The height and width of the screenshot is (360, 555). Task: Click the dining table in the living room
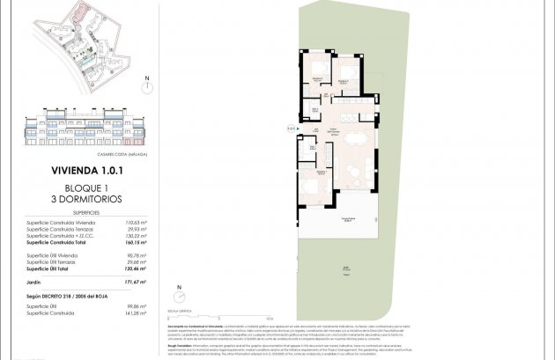tap(356, 139)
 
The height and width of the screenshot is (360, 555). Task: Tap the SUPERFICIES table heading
tap(86, 213)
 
